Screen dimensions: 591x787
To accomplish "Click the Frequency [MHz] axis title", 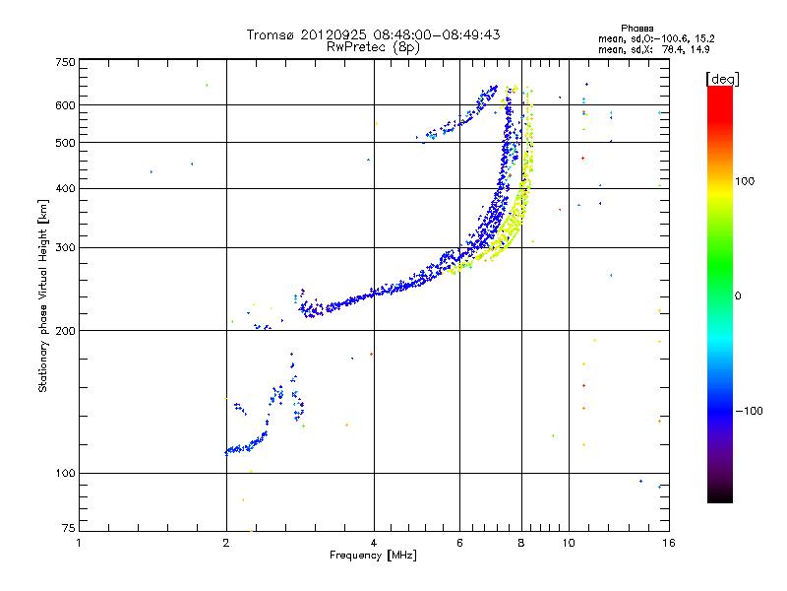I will tap(373, 557).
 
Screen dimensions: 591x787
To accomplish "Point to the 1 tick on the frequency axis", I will tap(79, 543).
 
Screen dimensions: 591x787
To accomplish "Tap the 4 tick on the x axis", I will tap(374, 543).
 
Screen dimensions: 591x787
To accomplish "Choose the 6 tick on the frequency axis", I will tap(460, 543).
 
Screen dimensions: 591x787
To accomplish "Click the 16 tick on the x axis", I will tap(668, 543).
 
